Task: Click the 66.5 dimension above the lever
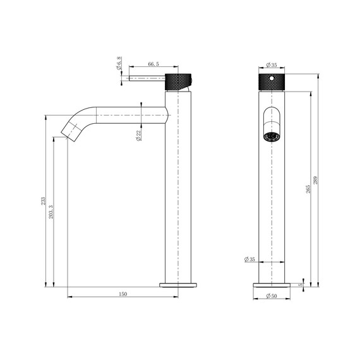tap(152, 64)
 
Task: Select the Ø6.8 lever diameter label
tap(119, 64)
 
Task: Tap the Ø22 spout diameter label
tap(138, 135)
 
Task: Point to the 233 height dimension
tap(43, 201)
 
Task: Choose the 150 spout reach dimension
tap(123, 294)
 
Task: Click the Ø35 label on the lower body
tap(249, 260)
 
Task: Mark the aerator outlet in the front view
tap(272, 136)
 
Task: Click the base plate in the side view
tap(178, 285)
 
